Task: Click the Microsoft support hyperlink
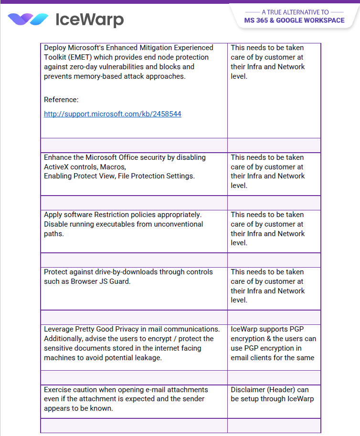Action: tap(112, 114)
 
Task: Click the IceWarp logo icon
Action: tap(28, 20)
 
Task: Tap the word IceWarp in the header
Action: tap(90, 20)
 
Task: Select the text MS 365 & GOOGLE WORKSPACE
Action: tap(294, 21)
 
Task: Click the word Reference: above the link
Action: tap(61, 100)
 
